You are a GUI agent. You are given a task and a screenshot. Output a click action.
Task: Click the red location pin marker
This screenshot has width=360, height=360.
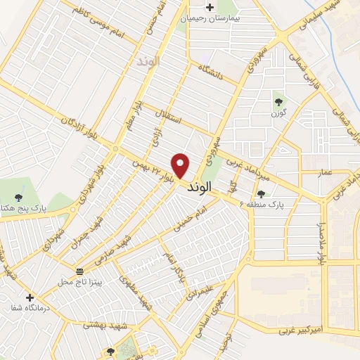(x=181, y=165)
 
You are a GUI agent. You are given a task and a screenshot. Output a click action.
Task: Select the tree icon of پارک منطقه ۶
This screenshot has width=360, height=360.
(x=262, y=194)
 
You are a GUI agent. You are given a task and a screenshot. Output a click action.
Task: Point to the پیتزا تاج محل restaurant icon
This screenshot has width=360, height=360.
(x=79, y=271)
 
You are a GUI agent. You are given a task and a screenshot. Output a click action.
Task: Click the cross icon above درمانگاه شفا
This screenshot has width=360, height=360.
(x=30, y=298)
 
